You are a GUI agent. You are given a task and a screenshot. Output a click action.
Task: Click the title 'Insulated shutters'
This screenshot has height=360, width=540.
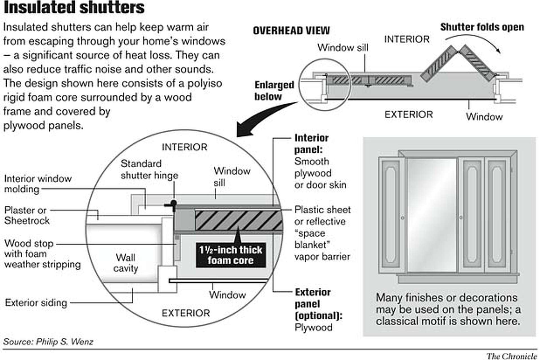coord(74,8)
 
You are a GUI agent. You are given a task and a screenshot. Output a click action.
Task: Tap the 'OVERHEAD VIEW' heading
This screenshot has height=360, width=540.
coord(291,31)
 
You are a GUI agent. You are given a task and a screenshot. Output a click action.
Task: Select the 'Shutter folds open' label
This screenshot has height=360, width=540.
coord(482,27)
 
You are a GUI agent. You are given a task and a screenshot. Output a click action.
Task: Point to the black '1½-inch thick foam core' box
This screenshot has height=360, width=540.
coord(231,255)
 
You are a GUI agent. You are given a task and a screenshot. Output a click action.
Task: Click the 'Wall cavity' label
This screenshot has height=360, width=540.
coord(125,263)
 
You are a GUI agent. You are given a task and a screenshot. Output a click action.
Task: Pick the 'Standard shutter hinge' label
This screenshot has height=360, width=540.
coord(149,170)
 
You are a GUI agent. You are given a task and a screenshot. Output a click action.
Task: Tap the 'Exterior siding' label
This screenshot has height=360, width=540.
coord(36,303)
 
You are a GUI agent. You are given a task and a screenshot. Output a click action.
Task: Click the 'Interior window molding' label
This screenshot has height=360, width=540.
coord(38,184)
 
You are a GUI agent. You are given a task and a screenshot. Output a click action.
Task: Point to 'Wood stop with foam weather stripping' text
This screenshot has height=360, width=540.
coord(42,254)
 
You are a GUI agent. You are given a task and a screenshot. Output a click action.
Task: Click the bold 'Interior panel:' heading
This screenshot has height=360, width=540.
coord(311,144)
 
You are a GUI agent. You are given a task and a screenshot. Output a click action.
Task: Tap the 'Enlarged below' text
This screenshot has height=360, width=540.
coord(274,91)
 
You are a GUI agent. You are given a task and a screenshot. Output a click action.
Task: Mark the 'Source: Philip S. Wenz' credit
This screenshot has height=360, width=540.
coord(48,342)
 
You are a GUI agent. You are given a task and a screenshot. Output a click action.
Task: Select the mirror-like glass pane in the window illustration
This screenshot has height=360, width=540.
coord(432,215)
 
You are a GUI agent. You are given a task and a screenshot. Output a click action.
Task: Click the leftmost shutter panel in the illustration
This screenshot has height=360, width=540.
coord(391,215)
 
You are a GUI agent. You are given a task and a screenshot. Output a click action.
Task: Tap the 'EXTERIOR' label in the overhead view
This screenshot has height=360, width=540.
coord(409,115)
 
